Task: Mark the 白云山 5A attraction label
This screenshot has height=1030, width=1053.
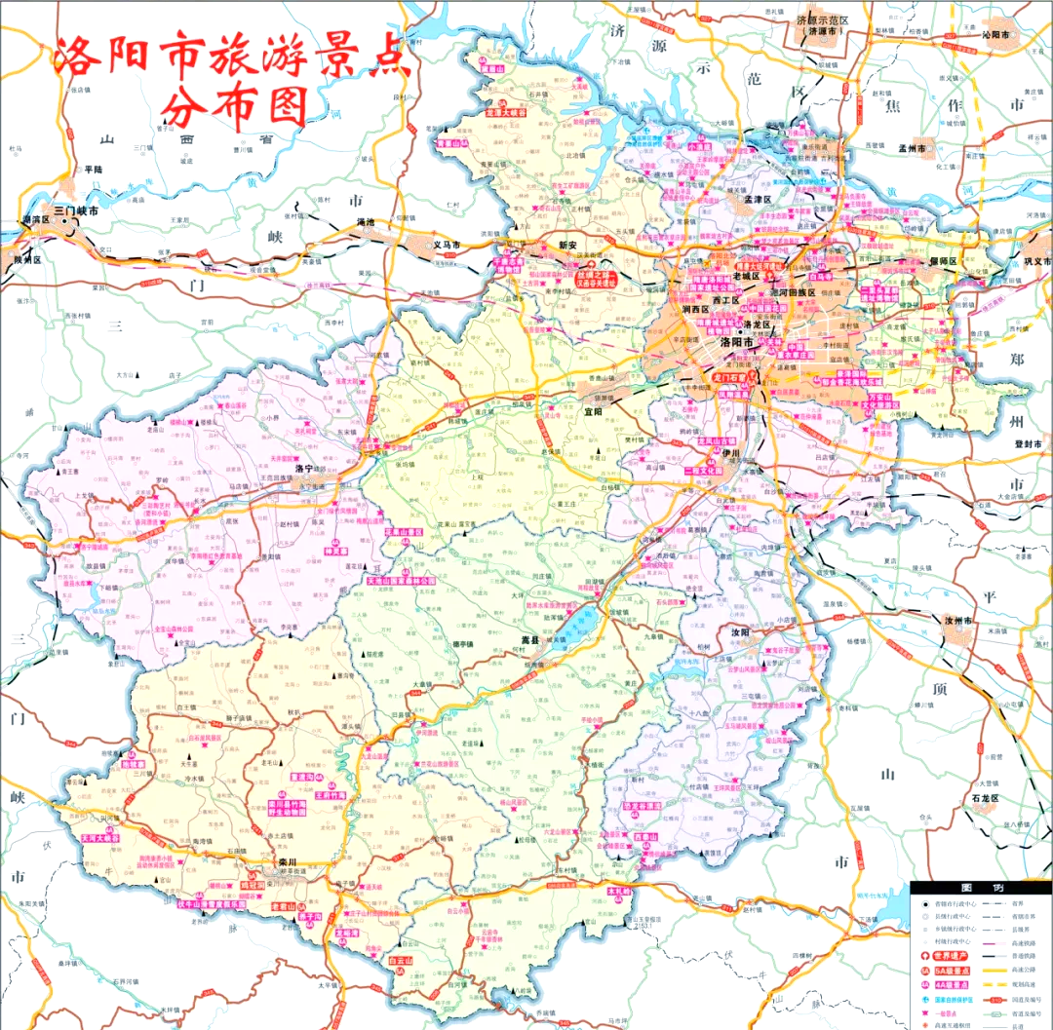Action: click(x=402, y=960)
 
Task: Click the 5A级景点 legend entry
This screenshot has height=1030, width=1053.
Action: click(x=953, y=972)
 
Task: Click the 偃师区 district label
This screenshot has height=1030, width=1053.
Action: click(x=943, y=262)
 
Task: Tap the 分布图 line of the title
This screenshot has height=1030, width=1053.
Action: click(x=234, y=104)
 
